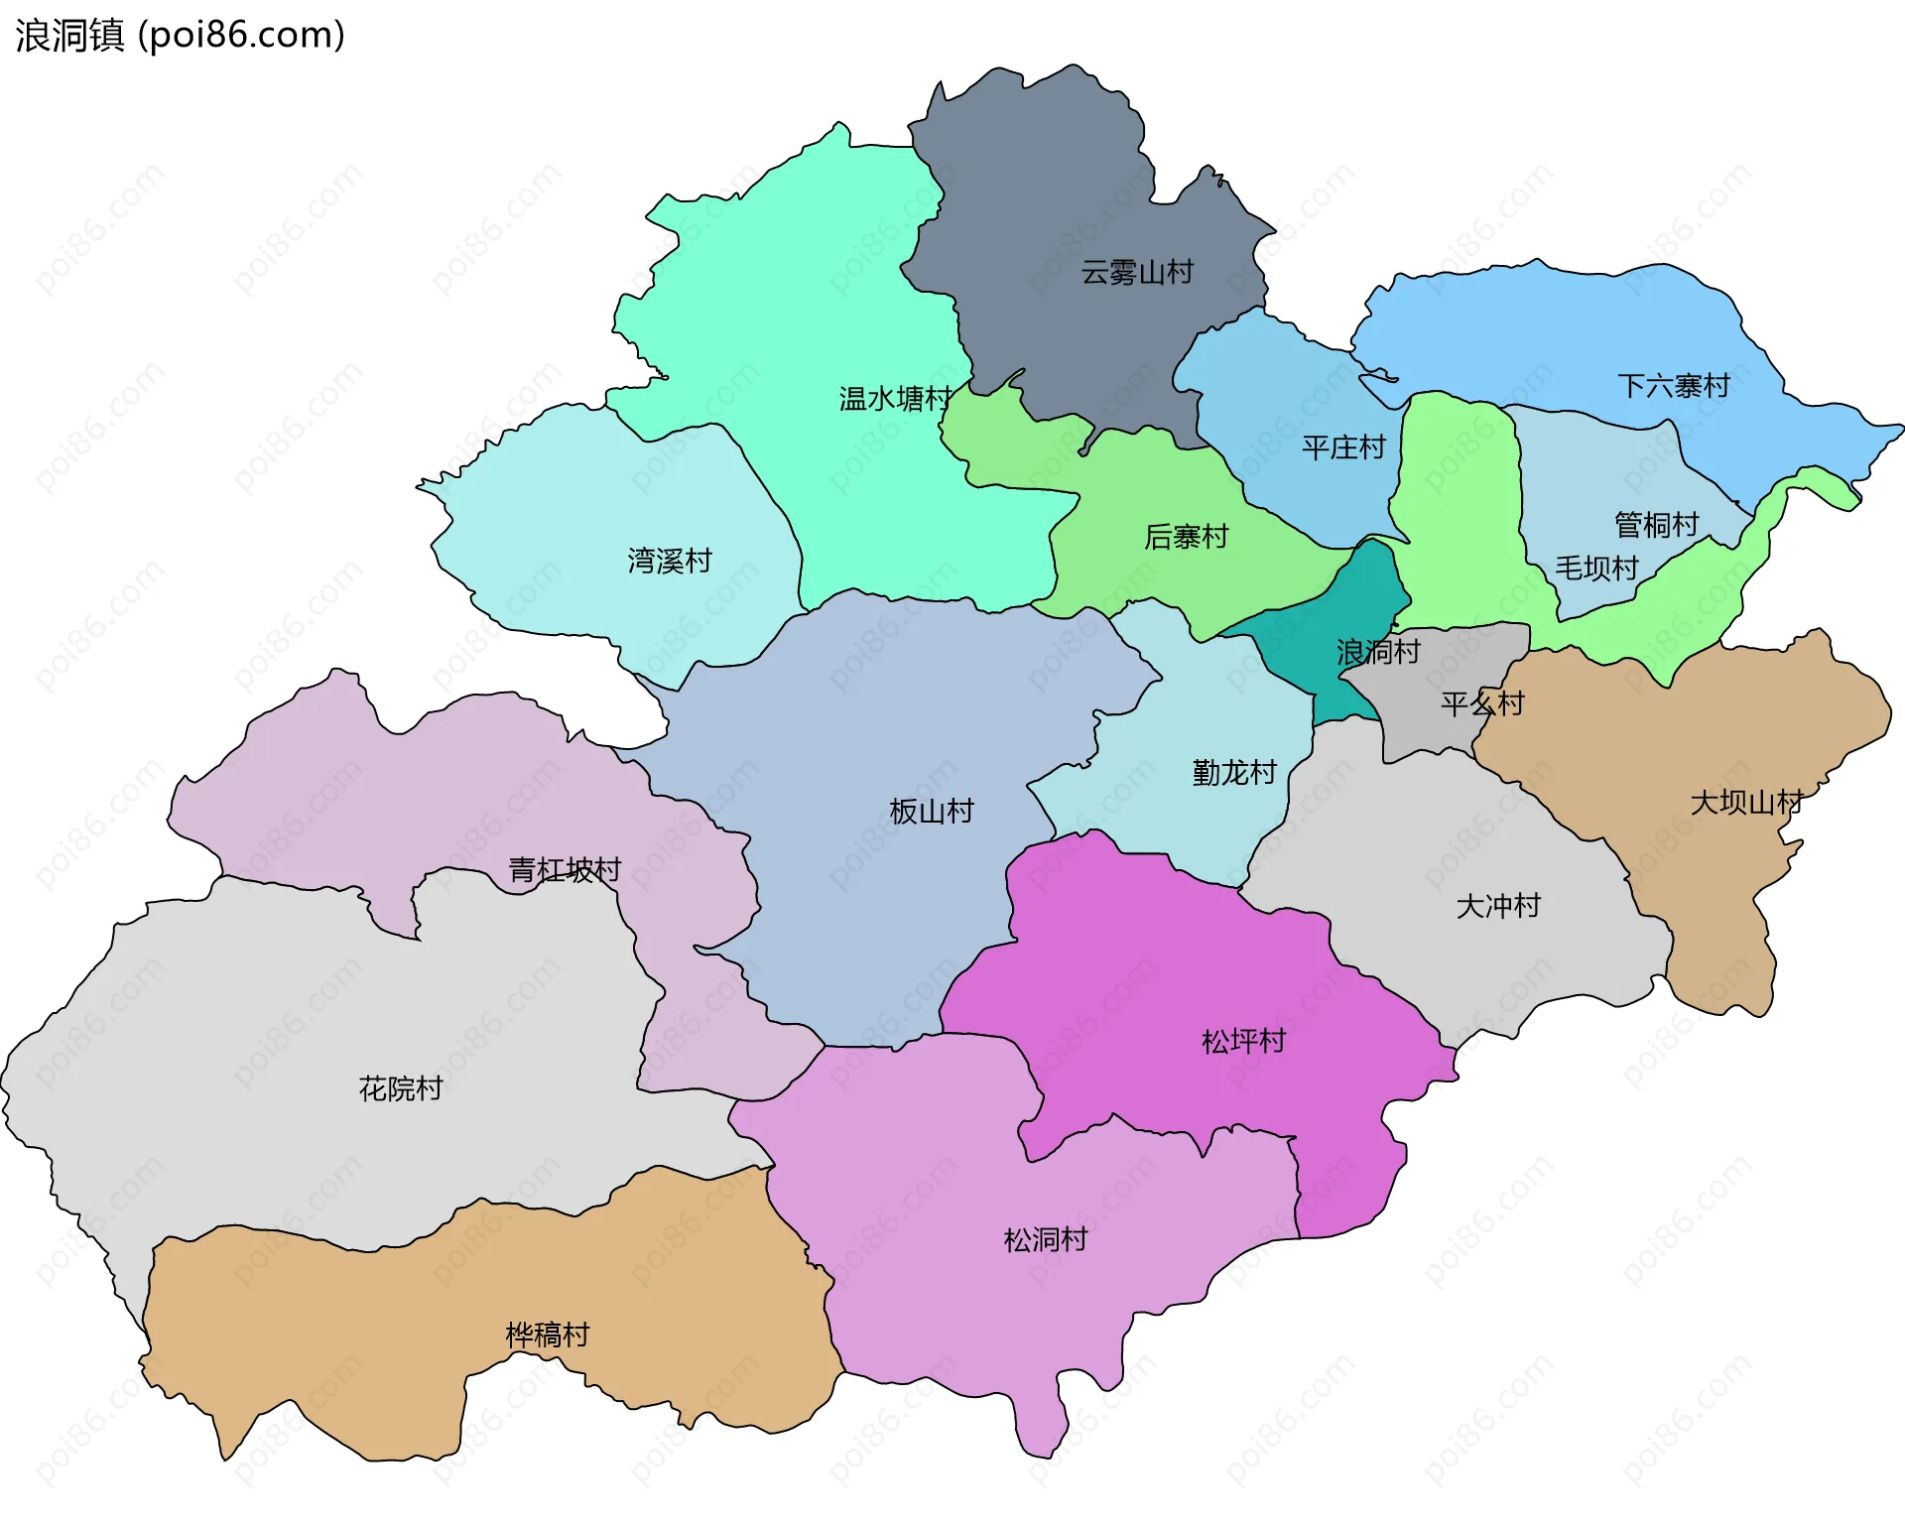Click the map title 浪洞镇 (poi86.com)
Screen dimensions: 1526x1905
(180, 36)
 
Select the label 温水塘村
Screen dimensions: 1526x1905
(895, 399)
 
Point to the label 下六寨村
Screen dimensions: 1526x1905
(1673, 386)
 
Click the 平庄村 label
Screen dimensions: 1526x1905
(1343, 447)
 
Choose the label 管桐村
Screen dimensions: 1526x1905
(1656, 524)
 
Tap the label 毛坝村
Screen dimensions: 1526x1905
(1595, 568)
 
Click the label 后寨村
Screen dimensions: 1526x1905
(1186, 537)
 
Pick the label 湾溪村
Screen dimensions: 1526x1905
(670, 561)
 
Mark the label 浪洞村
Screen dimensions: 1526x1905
(1377, 652)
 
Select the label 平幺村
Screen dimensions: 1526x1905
(1481, 703)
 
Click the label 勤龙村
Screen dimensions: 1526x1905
(1233, 772)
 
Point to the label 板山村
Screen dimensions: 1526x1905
(931, 811)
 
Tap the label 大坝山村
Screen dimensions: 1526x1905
(1745, 802)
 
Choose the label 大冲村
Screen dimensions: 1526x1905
(1497, 905)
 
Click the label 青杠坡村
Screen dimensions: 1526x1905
(564, 870)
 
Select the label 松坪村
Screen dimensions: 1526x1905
(1243, 1041)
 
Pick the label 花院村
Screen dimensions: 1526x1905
(400, 1088)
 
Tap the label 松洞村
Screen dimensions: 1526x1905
(1045, 1239)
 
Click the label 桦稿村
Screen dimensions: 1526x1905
(547, 1335)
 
